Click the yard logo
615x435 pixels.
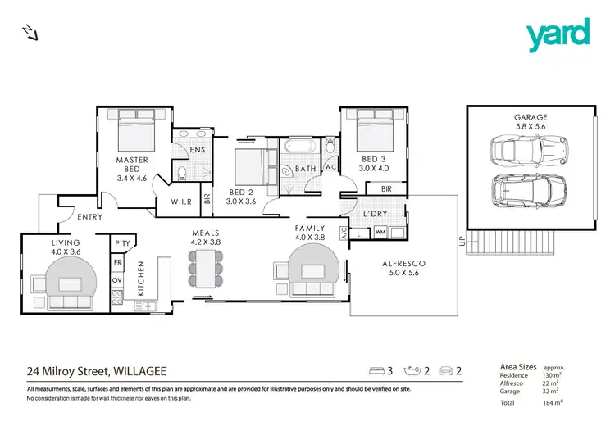click(x=558, y=33)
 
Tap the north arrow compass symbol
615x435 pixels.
click(x=30, y=31)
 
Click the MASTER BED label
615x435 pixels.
click(x=131, y=165)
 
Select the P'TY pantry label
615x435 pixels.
click(x=123, y=243)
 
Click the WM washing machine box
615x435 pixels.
click(x=380, y=233)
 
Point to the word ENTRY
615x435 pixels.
click(x=89, y=217)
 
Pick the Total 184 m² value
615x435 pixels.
click(x=556, y=403)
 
